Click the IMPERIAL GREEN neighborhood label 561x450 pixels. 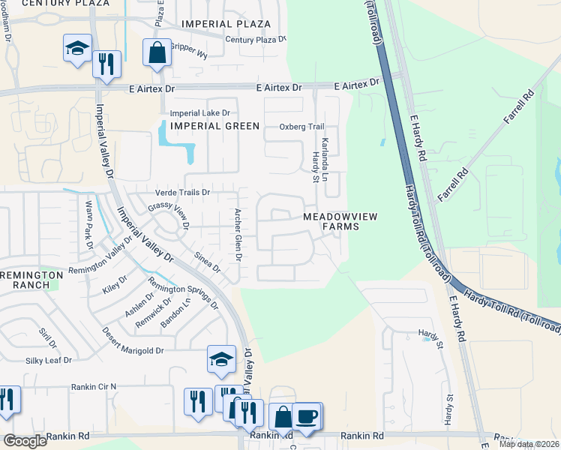[x=214, y=126]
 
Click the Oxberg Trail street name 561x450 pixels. [x=301, y=127]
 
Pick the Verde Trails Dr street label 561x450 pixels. [x=182, y=193]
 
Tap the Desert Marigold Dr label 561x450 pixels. [x=133, y=350]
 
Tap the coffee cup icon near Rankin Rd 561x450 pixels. [x=307, y=415]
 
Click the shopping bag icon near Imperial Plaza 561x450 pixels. [x=157, y=53]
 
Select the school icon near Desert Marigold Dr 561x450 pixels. [x=222, y=360]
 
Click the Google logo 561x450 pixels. [x=25, y=441]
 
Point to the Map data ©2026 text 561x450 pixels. [x=529, y=444]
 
